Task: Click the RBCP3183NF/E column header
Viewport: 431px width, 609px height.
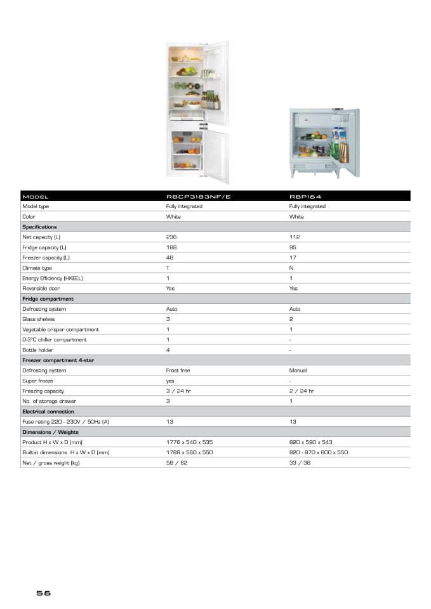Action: (198, 196)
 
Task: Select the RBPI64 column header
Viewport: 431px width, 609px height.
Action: (305, 196)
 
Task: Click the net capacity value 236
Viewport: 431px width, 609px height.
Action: (171, 237)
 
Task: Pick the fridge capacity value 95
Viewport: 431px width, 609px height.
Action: (293, 247)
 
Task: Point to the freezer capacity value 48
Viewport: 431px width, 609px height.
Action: (169, 258)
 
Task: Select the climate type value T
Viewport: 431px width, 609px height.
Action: (168, 268)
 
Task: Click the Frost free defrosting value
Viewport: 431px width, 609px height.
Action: (178, 370)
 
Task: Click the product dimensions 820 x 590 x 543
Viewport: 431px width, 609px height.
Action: (310, 442)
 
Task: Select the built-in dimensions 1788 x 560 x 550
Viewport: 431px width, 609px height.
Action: (189, 452)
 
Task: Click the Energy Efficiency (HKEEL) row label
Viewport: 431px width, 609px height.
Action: (53, 278)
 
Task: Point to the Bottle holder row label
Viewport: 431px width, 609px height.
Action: (38, 350)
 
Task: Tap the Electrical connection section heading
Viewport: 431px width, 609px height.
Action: (48, 412)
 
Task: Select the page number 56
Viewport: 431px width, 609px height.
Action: (43, 594)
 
